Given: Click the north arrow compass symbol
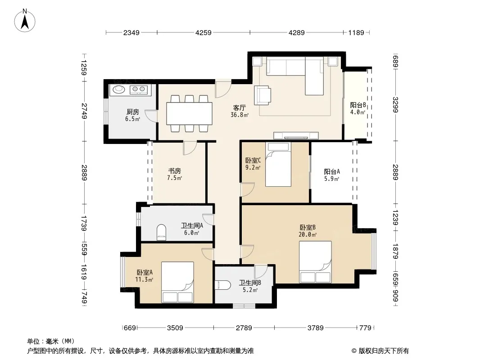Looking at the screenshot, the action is pyautogui.click(x=25, y=21).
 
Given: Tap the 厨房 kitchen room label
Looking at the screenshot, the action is pyautogui.click(x=132, y=112).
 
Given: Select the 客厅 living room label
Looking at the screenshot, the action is pyautogui.click(x=240, y=108).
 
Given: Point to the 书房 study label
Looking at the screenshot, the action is pyautogui.click(x=175, y=171).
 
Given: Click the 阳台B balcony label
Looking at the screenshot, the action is pyautogui.click(x=358, y=105).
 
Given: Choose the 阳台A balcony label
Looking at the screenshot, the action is pyautogui.click(x=332, y=171).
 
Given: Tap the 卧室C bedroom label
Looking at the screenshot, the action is pyautogui.click(x=253, y=160).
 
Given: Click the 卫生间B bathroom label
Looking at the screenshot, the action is pyautogui.click(x=250, y=283).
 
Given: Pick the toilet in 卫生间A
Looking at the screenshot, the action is pyautogui.click(x=161, y=232).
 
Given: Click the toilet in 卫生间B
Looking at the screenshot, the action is pyautogui.click(x=223, y=285).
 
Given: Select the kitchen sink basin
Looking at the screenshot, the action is pyautogui.click(x=119, y=89).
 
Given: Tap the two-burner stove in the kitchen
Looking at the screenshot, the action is pyautogui.click(x=138, y=89).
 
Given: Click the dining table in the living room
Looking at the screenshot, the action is pyautogui.click(x=190, y=113).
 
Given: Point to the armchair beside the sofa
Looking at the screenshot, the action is pyautogui.click(x=263, y=95).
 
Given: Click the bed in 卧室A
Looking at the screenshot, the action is pyautogui.click(x=177, y=282).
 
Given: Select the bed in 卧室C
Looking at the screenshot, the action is pyautogui.click(x=278, y=164).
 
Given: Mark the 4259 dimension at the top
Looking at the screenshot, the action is pyautogui.click(x=203, y=32).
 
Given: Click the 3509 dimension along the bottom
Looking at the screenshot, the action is pyautogui.click(x=175, y=328).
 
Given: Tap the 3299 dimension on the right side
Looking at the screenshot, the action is pyautogui.click(x=395, y=104).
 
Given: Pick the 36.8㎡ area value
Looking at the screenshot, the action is pyautogui.click(x=240, y=115).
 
